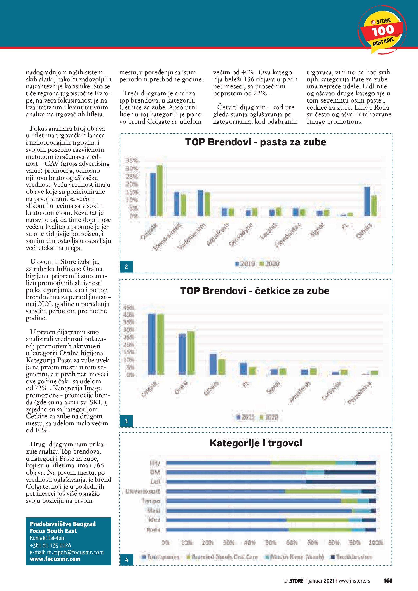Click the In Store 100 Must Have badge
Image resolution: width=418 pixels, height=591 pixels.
click(382, 30)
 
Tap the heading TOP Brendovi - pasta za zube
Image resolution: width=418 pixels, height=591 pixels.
click(256, 142)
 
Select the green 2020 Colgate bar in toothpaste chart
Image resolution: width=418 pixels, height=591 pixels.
click(160, 190)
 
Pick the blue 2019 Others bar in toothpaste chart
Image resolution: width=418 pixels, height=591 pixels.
click(367, 201)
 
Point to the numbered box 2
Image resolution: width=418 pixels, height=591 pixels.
click(126, 267)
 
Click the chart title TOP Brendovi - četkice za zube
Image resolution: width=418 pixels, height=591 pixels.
click(255, 291)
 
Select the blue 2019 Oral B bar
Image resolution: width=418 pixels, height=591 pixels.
click(182, 354)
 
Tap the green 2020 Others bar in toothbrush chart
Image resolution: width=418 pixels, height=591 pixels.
click(221, 367)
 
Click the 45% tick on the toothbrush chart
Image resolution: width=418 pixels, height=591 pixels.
click(129, 307)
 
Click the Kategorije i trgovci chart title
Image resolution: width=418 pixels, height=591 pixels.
click(256, 443)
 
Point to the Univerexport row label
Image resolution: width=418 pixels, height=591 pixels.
click(142, 491)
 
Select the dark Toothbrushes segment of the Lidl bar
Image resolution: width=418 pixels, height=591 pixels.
click(341, 482)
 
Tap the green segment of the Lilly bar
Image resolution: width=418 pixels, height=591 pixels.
click(303, 463)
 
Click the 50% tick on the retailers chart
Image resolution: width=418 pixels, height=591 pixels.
click(271, 543)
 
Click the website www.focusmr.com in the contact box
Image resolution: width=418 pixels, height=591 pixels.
click(55, 559)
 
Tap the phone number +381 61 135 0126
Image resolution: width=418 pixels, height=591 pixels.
click(50, 545)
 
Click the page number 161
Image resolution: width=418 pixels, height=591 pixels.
click(388, 581)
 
